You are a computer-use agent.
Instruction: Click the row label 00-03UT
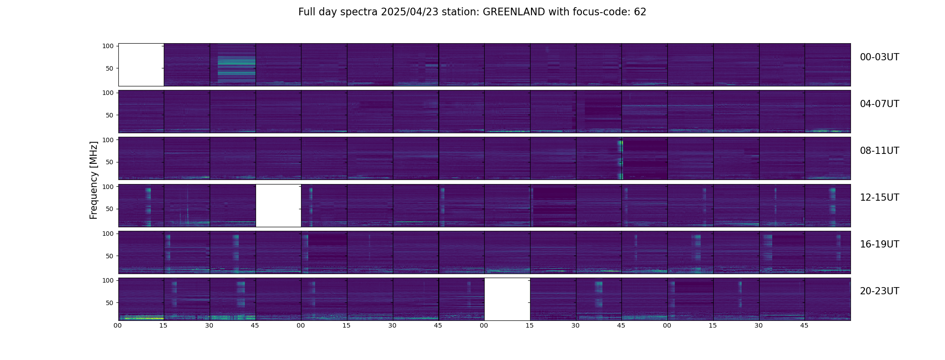[x=879, y=57]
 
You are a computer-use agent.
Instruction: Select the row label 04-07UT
[x=879, y=104]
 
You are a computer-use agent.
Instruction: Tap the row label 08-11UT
[x=879, y=151]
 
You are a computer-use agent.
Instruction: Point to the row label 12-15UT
[x=879, y=198]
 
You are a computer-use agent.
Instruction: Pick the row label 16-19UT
[x=879, y=244]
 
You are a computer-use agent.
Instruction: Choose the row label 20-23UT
[x=879, y=291]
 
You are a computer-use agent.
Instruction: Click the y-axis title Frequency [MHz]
[x=94, y=180]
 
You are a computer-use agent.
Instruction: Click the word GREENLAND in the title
[x=513, y=12]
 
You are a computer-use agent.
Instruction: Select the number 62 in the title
[x=640, y=12]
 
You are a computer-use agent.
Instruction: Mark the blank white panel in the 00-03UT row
[x=141, y=65]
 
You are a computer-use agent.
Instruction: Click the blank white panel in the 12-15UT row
[x=278, y=206]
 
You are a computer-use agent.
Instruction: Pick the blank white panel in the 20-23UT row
[x=507, y=299]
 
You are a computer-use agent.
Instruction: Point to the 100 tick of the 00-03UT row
[x=108, y=46]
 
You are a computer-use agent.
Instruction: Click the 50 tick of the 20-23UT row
[x=109, y=303]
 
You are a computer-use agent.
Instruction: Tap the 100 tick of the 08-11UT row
[x=108, y=140]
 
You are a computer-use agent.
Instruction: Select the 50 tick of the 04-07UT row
[x=109, y=115]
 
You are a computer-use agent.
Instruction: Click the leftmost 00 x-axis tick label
[x=118, y=325]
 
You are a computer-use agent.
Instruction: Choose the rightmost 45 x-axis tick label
[x=804, y=325]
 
